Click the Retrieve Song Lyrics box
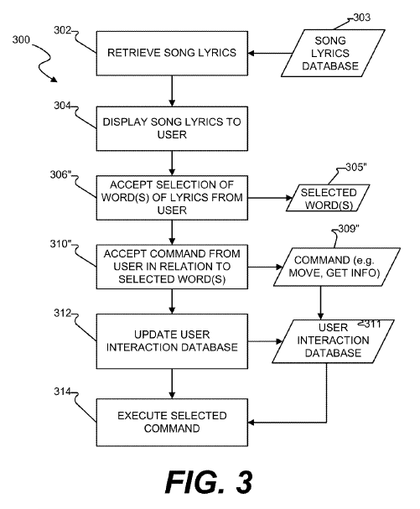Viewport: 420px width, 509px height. pos(172,53)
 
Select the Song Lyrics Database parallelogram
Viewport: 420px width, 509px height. pos(333,53)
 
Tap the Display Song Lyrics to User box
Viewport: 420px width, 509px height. pos(172,128)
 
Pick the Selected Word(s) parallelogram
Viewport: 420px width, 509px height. pos(328,198)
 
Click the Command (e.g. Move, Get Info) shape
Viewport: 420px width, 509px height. pos(337,267)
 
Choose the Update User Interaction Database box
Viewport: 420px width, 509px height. pos(172,341)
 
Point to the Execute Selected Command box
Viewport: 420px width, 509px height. pos(172,423)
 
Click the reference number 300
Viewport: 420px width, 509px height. pos(21,40)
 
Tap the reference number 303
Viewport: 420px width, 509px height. pos(361,18)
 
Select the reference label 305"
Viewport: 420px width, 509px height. pos(356,167)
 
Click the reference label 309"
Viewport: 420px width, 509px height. pos(349,229)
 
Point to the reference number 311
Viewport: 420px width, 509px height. pos(372,324)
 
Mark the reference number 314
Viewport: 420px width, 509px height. pos(62,392)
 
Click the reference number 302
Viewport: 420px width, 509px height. pos(62,30)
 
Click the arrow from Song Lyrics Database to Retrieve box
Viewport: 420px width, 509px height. pos(270,53)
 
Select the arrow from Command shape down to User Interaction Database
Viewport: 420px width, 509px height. pos(321,303)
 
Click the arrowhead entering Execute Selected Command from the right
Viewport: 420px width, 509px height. pos(251,423)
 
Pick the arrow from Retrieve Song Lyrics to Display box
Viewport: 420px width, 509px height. pos(172,91)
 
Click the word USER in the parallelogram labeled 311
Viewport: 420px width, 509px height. pos(333,328)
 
